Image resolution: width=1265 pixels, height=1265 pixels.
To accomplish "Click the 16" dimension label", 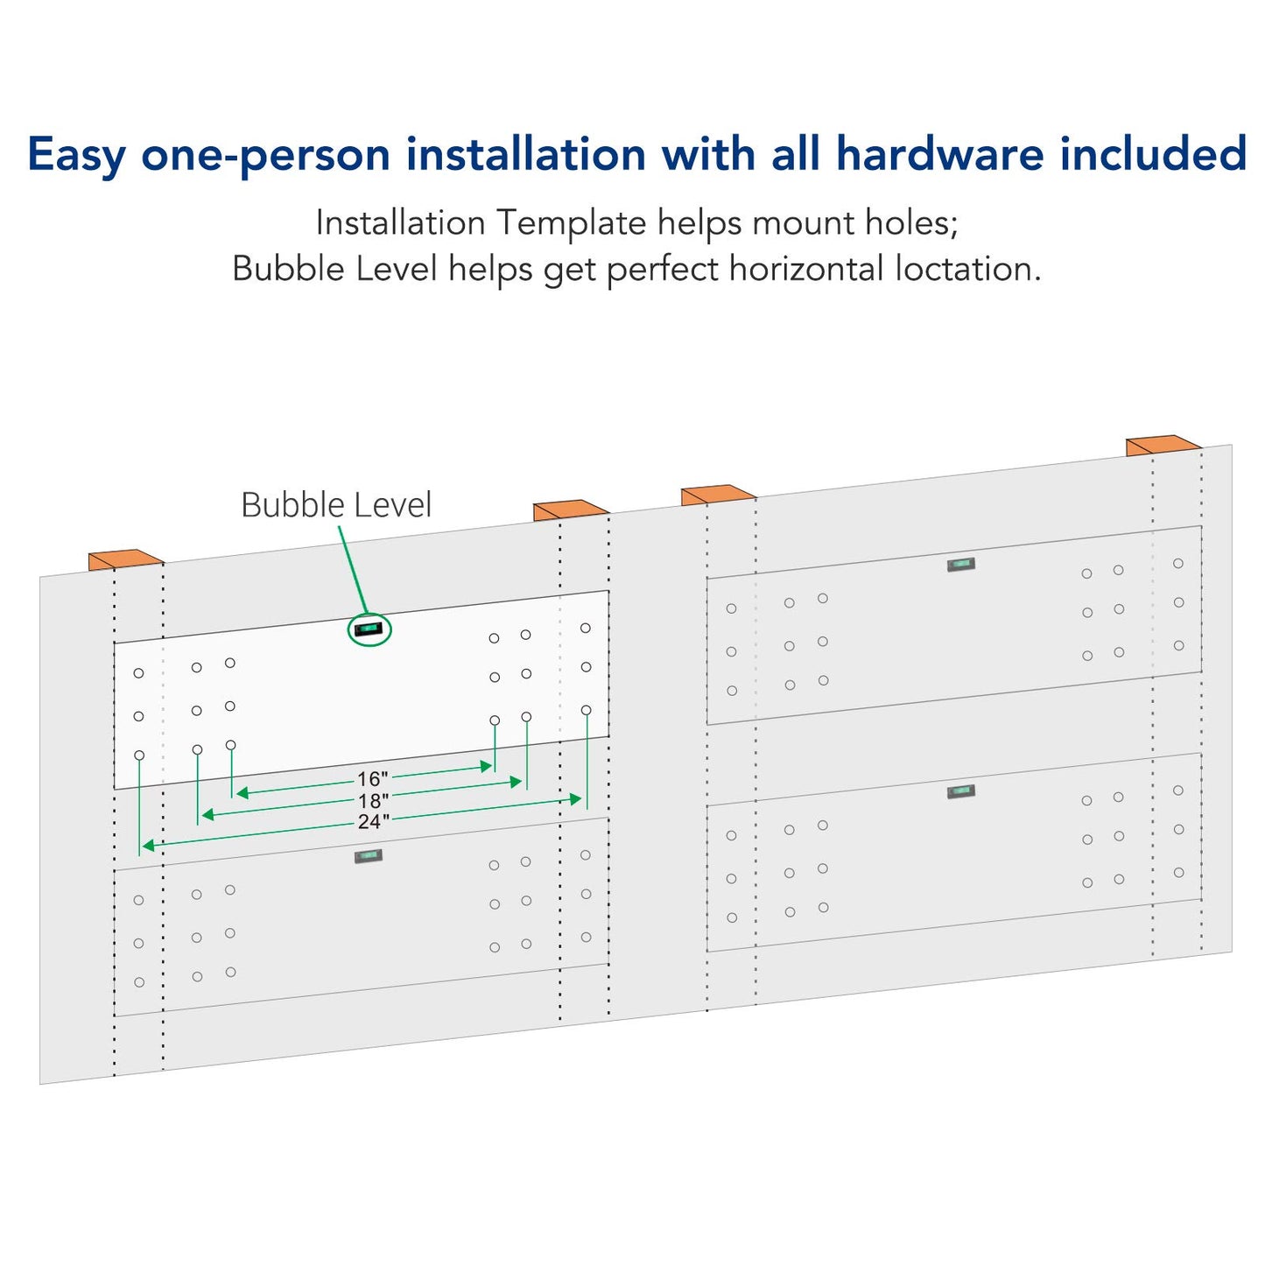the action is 372,779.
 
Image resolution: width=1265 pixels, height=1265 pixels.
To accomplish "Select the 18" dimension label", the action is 373,801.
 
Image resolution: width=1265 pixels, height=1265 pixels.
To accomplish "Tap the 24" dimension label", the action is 374,822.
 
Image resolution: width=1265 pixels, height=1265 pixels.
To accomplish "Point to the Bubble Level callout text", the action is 336,505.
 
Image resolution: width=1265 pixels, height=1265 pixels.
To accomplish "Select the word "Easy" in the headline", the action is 76,156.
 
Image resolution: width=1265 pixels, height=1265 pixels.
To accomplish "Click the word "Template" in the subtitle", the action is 571,224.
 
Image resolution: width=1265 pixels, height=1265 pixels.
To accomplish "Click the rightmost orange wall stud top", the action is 1163,445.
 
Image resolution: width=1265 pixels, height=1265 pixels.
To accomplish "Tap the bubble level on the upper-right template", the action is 961,565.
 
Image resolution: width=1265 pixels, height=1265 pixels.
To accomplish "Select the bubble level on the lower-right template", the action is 961,791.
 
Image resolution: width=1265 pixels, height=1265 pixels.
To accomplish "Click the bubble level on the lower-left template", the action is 369,856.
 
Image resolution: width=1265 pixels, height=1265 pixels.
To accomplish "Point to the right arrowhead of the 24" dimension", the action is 576,799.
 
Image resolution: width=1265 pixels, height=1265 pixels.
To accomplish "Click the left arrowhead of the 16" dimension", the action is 242,793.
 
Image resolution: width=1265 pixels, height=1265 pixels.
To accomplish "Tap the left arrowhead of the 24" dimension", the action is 148,846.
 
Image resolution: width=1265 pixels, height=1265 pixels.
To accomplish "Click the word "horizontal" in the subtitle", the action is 806,269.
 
